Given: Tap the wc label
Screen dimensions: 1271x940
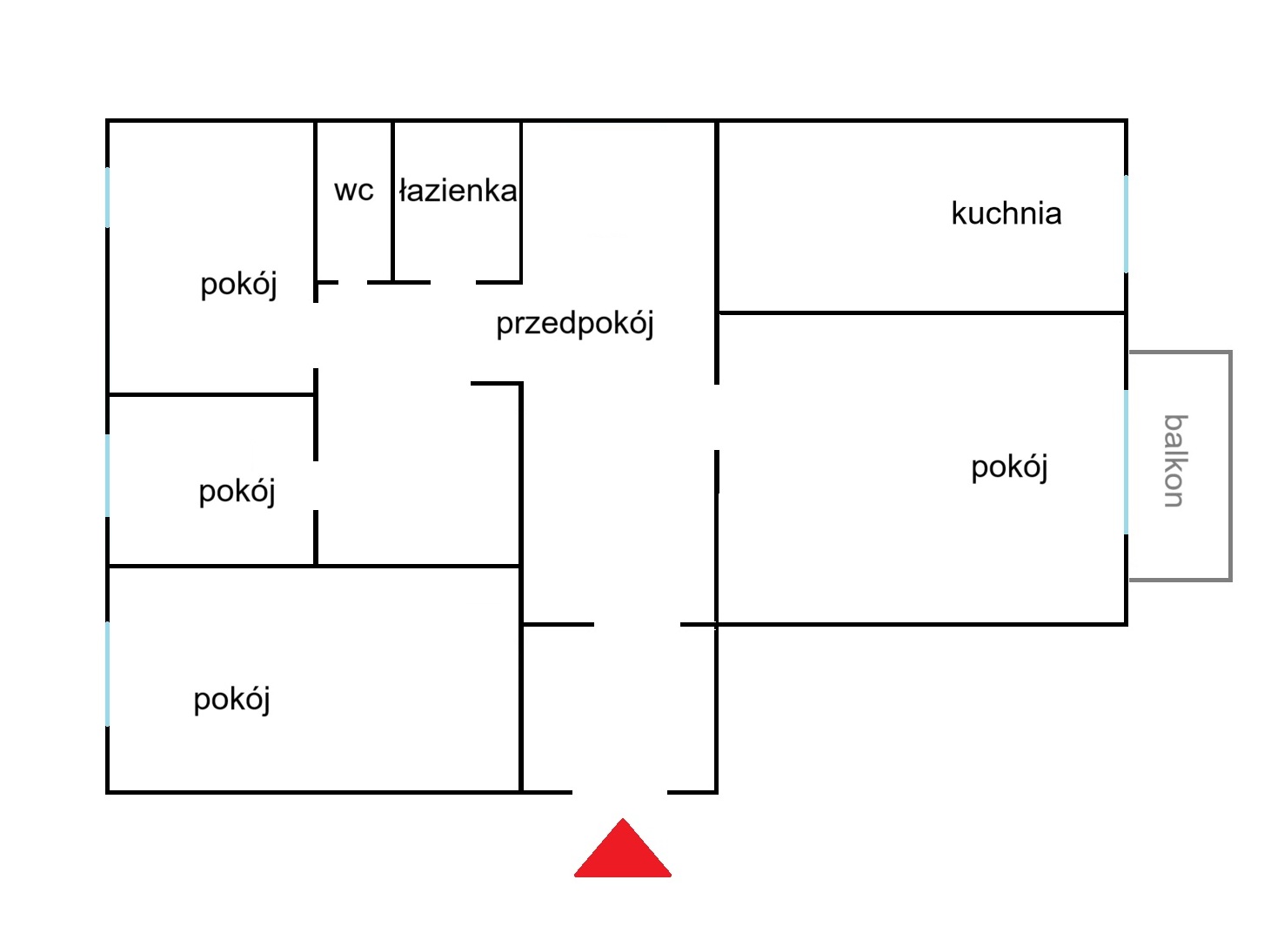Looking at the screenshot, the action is pos(353,191).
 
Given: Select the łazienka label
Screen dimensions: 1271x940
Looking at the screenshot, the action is pos(458,191).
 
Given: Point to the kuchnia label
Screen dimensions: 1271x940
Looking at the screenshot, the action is pos(1007,213).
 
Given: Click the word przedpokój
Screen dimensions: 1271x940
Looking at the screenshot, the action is pos(575,324).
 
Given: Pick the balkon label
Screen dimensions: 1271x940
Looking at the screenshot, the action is pos(1175,460).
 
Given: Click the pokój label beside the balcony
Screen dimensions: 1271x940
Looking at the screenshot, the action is pos(1009,467).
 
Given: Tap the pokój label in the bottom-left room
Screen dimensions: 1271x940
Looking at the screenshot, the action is pos(231,700).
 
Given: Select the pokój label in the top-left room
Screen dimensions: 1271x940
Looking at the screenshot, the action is pos(238,285).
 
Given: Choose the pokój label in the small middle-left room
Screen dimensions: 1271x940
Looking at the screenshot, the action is pos(237,492).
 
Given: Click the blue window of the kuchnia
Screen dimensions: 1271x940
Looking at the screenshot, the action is pos(1126,224).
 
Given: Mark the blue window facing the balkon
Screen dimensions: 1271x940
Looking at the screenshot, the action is pos(1126,462).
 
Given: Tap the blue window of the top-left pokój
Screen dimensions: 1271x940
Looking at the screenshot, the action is pos(107,198).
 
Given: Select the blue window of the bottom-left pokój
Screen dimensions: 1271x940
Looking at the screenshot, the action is pos(107,674).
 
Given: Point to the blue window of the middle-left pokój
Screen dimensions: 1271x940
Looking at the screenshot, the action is pos(107,475).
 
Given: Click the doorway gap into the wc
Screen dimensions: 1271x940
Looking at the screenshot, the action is pos(352,282).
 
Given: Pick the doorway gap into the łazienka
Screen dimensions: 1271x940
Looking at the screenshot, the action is pos(452,282).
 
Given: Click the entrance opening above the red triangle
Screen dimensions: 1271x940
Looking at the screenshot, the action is pos(619,792).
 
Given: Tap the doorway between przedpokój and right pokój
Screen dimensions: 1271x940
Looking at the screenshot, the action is pos(716,417).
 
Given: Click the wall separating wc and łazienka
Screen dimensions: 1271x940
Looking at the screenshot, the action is pos(392,201).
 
